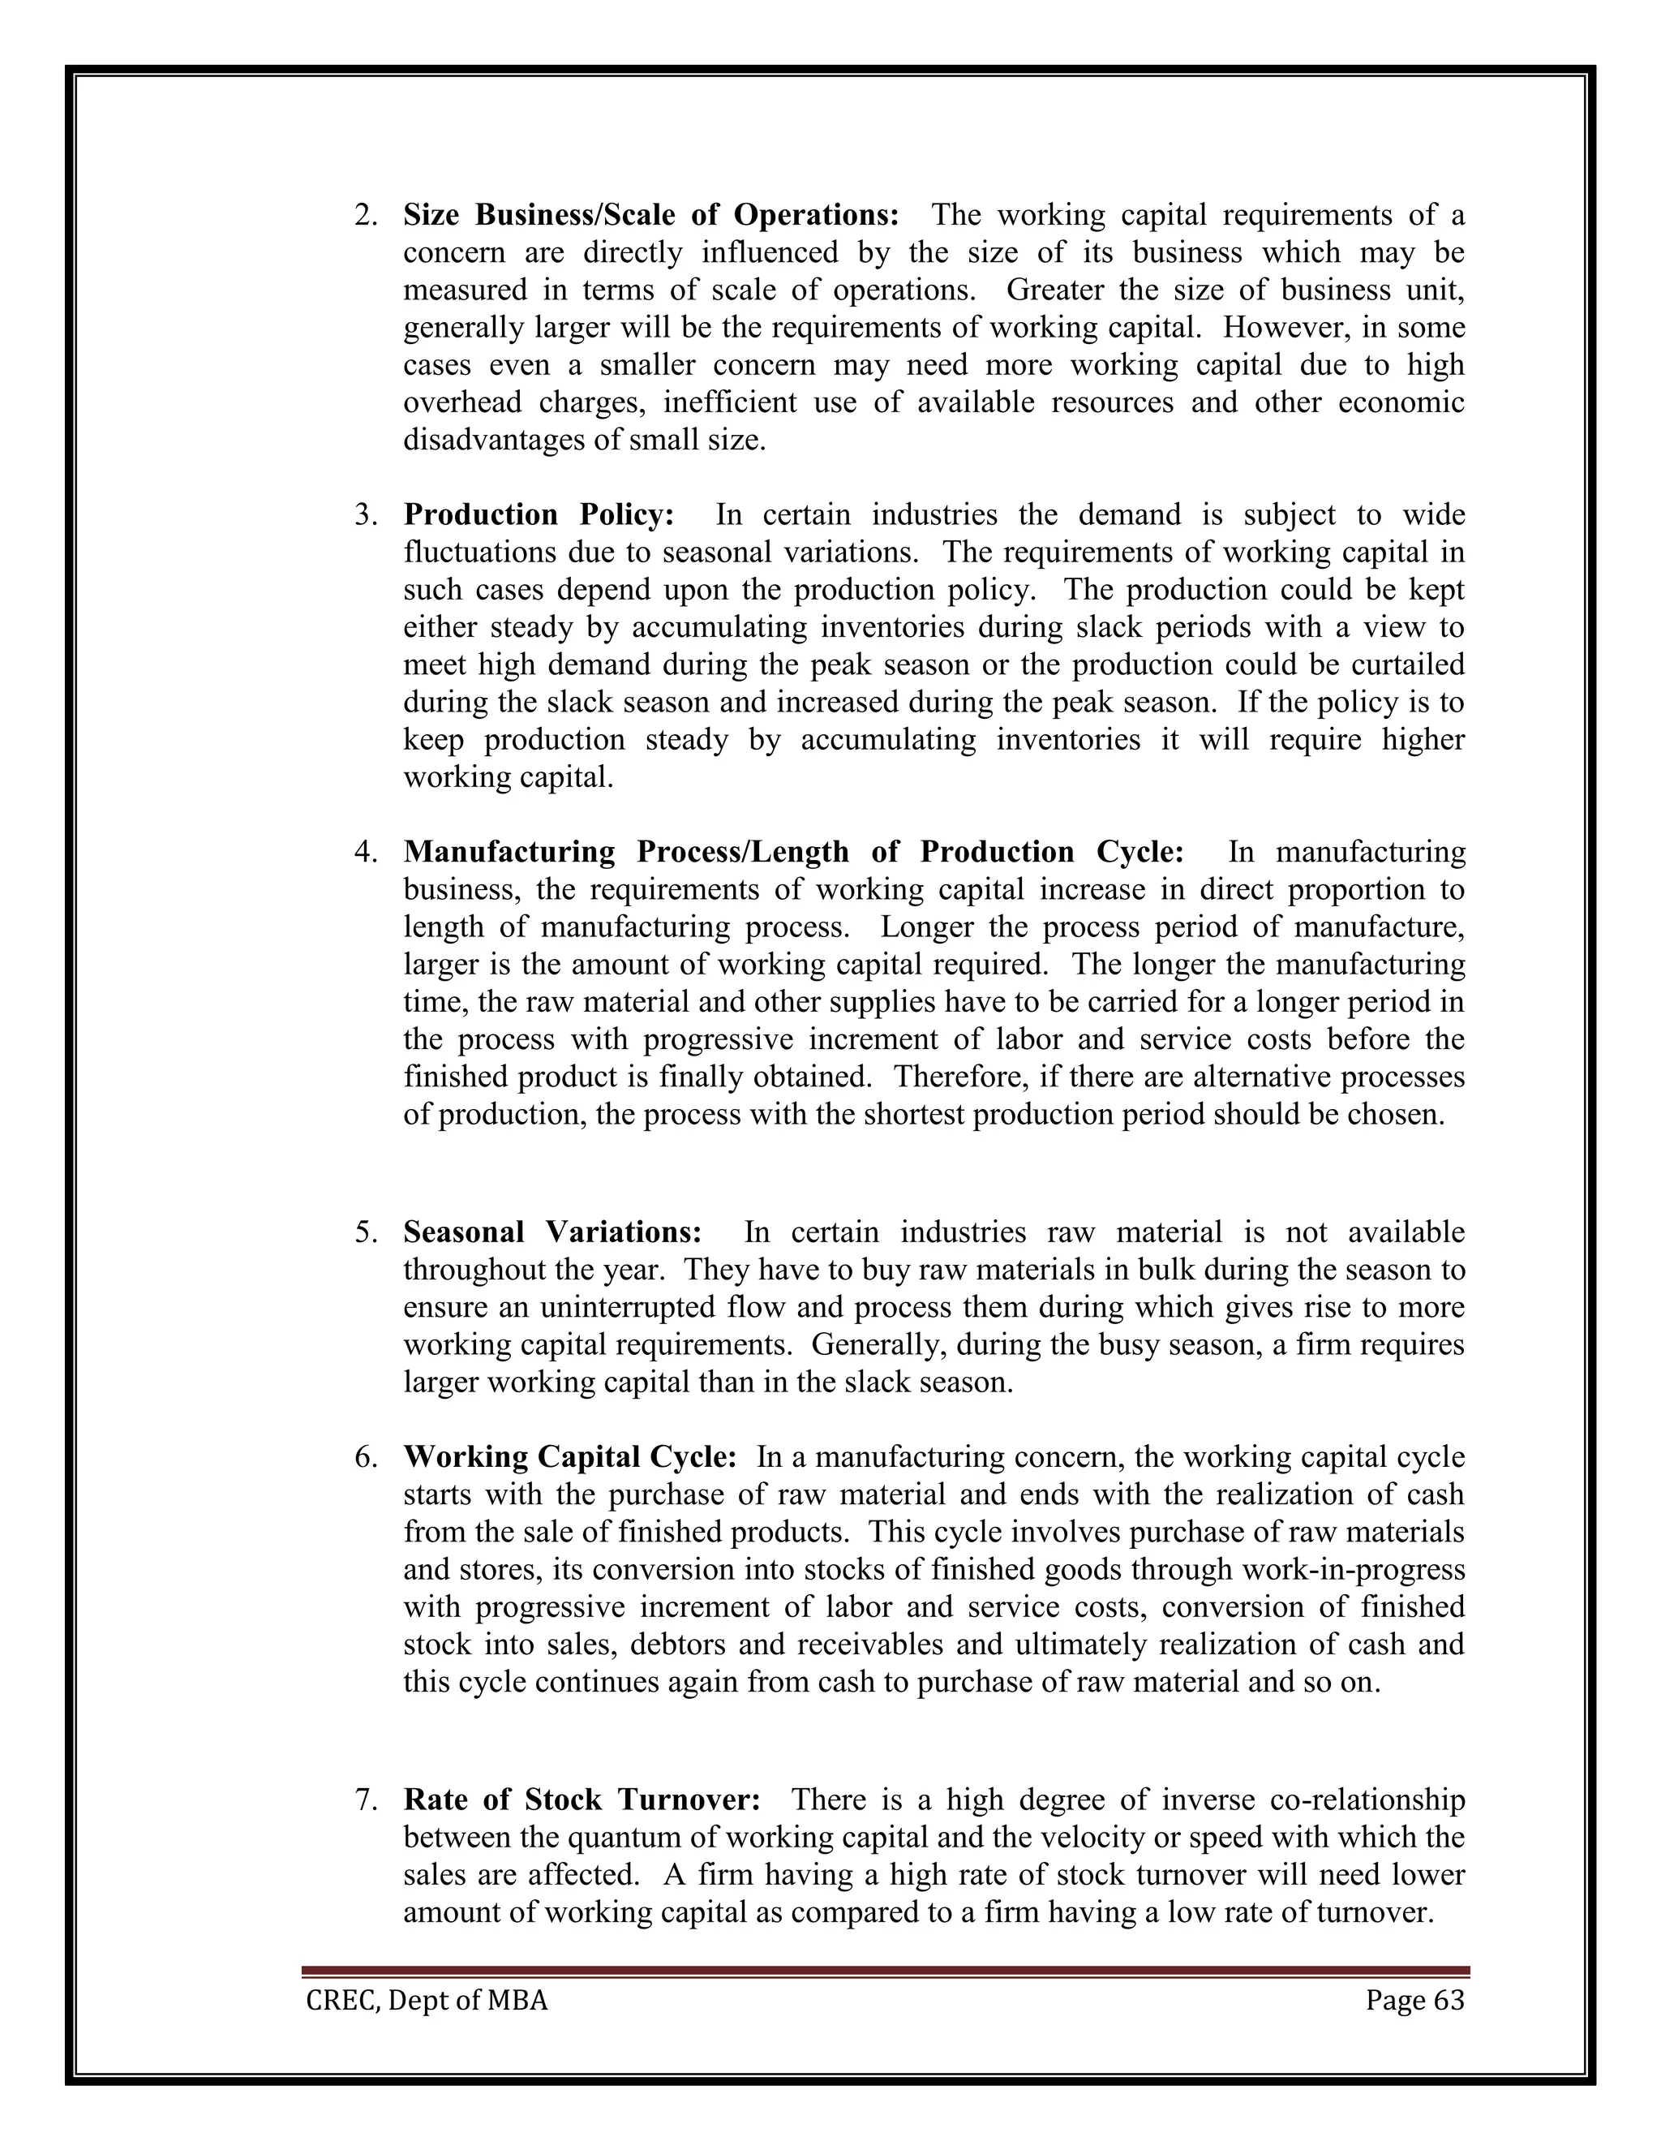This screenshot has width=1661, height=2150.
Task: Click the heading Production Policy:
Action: pos(539,515)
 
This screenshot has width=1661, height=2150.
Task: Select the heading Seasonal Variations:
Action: pos(552,1232)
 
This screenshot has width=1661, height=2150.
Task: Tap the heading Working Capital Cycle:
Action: pos(569,1457)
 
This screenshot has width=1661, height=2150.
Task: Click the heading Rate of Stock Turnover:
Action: pos(582,1800)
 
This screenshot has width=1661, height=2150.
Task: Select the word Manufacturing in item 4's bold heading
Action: pos(509,852)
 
